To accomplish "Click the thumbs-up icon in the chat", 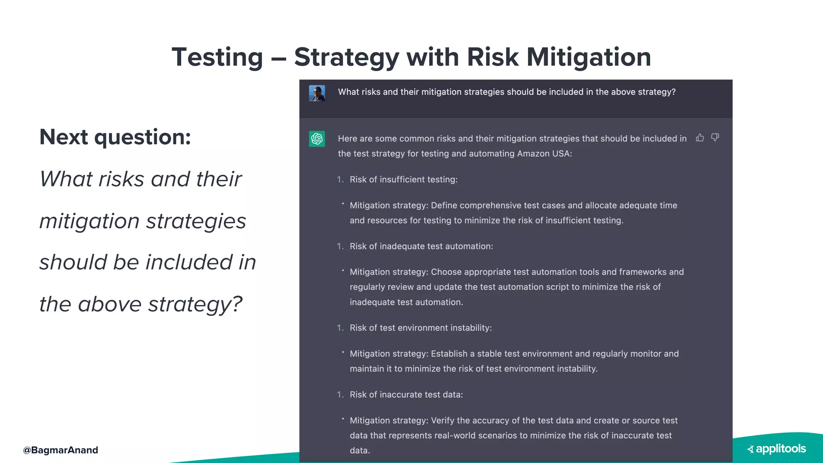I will tap(700, 138).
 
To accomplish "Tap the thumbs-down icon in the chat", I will tap(715, 137).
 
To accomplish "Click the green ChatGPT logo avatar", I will tap(317, 139).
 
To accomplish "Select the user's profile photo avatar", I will tap(317, 93).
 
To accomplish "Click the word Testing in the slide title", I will tap(217, 57).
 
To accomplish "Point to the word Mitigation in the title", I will tap(589, 57).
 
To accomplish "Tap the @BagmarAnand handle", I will tap(60, 450).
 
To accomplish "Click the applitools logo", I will tap(776, 449).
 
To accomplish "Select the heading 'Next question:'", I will tap(115, 137).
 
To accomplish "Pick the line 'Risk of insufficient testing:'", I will tap(403, 180).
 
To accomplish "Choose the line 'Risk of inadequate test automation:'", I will tap(421, 246).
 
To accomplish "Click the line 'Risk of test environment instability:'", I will tap(421, 328).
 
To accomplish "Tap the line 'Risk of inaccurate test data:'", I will tap(406, 395).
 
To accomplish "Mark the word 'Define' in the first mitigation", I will tap(444, 205).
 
